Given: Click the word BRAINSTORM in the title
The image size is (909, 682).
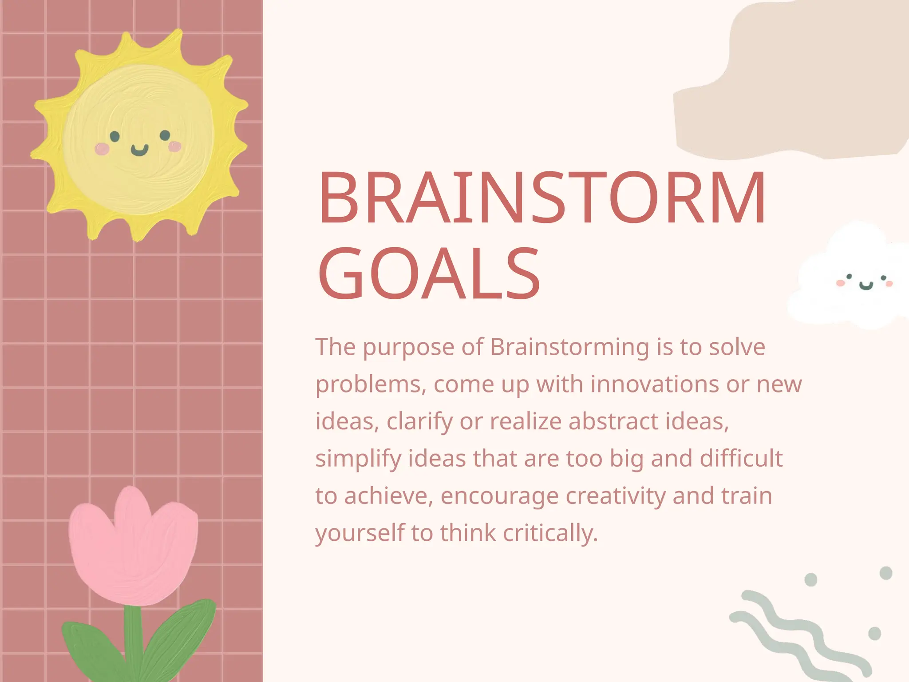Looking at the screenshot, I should coord(541,198).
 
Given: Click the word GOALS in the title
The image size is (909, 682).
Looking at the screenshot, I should coord(428,274).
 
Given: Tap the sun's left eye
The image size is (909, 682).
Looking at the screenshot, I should coord(115,136).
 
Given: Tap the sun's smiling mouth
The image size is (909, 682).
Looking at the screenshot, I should coord(139,151).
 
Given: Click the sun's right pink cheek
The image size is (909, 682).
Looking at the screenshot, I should coord(175,146).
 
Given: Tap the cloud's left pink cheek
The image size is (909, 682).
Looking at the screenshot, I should coord(840,283).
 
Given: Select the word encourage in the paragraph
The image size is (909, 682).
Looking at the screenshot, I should coord(499,497).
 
